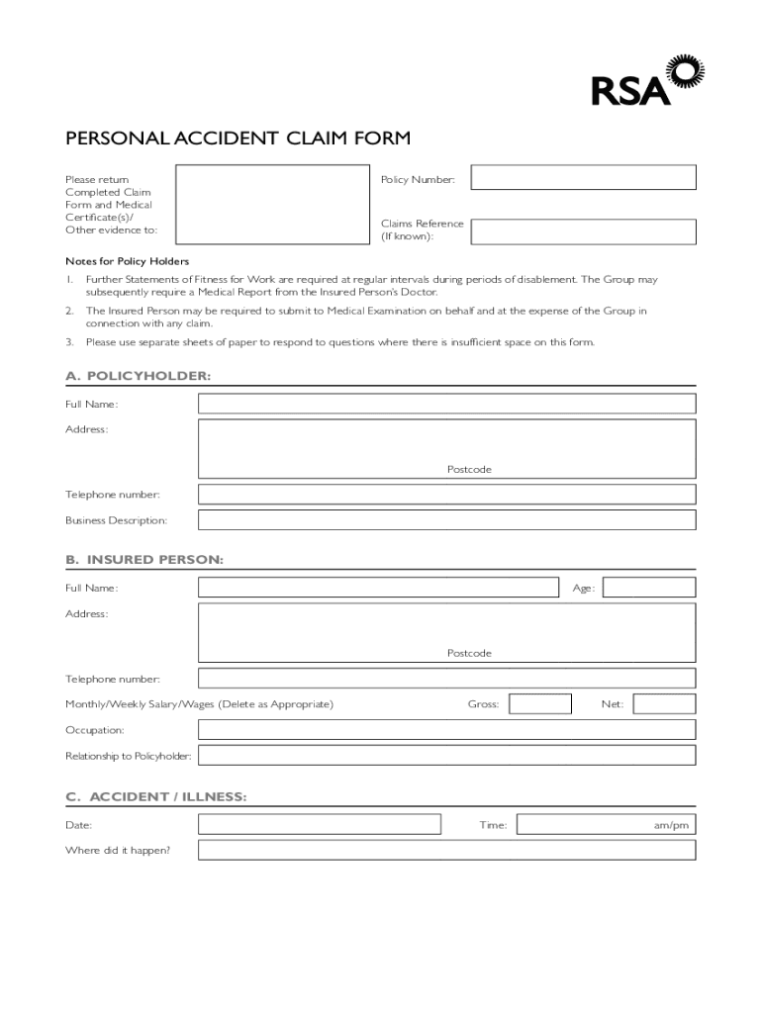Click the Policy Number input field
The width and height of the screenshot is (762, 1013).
pyautogui.click(x=583, y=177)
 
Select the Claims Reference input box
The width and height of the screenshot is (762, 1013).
pyautogui.click(x=583, y=231)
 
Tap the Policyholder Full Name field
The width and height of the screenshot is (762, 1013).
pyautogui.click(x=446, y=404)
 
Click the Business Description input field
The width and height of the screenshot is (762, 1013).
pyautogui.click(x=446, y=520)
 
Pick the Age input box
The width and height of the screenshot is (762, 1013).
pyautogui.click(x=649, y=588)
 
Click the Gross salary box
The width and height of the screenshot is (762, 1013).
pyautogui.click(x=540, y=704)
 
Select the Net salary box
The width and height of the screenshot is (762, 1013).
pyautogui.click(x=664, y=704)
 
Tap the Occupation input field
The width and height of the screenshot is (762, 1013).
pyautogui.click(x=446, y=730)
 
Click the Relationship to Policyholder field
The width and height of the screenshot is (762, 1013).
pyautogui.click(x=446, y=756)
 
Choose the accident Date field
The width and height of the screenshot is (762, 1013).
pyautogui.click(x=320, y=824)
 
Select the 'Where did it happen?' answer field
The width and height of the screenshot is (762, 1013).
pyautogui.click(x=446, y=851)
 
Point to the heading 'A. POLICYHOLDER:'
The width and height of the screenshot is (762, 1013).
pyautogui.click(x=139, y=377)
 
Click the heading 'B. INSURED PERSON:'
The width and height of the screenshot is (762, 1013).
pyautogui.click(x=144, y=560)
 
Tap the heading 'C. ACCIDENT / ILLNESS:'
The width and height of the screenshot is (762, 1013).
pyautogui.click(x=156, y=797)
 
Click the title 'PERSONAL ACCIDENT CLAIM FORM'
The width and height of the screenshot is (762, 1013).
pyautogui.click(x=238, y=138)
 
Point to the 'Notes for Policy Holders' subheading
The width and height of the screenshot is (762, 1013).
pyautogui.click(x=127, y=261)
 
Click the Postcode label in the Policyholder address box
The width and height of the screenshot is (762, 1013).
pyautogui.click(x=469, y=469)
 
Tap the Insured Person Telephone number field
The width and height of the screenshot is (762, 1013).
pyautogui.click(x=446, y=679)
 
